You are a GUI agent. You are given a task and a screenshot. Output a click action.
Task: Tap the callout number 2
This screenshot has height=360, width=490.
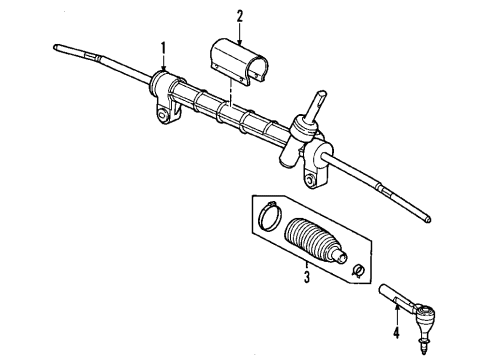pyautogui.click(x=240, y=15)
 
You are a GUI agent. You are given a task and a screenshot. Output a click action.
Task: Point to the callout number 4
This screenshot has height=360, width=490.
pyautogui.click(x=397, y=334)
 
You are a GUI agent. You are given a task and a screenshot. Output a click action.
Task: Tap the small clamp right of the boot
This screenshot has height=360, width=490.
pyautogui.click(x=357, y=267)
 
